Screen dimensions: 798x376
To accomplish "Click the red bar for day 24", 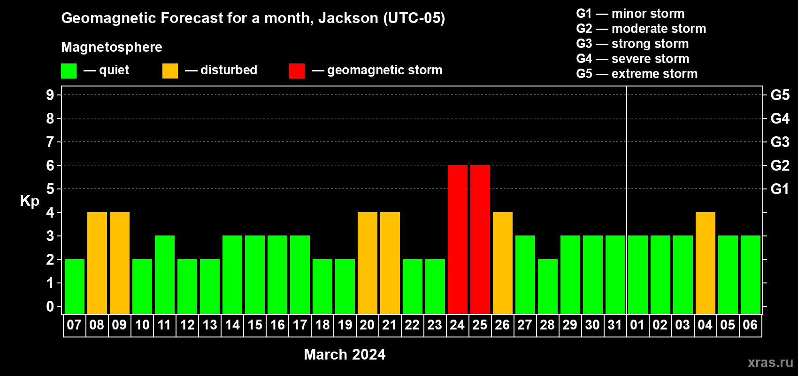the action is (457, 239).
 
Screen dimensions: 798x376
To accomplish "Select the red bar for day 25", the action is (480, 239).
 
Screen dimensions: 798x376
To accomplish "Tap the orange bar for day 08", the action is (97, 263).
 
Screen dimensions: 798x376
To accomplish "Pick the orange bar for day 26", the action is (503, 263).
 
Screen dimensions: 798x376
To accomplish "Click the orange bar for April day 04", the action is (706, 263).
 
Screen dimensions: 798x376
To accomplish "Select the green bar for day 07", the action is (75, 286).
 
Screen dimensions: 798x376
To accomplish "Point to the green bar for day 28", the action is (547, 286).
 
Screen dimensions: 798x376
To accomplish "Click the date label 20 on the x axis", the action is (367, 325).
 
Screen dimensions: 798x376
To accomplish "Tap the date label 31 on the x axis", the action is (615, 325).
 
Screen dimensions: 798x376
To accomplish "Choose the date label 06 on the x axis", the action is (750, 325).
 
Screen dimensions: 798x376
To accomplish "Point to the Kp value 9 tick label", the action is (50, 95).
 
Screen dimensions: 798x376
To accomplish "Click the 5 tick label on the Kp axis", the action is (50, 189).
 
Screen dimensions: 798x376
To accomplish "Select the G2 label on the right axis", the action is (780, 165).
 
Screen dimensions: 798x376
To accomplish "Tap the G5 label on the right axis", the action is (780, 95).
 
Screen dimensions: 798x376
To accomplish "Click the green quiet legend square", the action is (69, 70).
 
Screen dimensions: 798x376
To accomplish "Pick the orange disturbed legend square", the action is (170, 70).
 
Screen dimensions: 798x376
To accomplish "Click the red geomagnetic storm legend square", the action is (297, 70).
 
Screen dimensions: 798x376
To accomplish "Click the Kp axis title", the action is (30, 201).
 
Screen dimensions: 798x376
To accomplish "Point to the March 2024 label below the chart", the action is (345, 354).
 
